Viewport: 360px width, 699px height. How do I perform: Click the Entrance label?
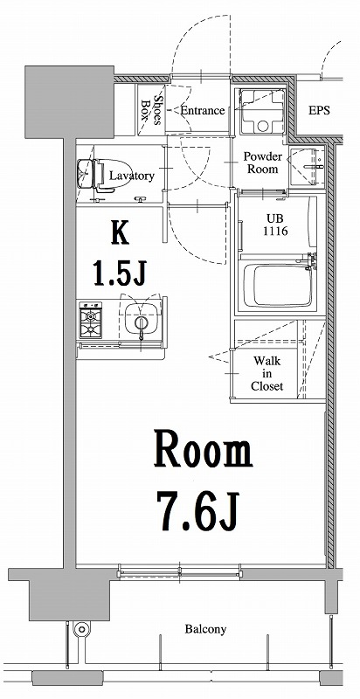click(203, 111)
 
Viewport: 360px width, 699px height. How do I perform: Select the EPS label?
click(321, 111)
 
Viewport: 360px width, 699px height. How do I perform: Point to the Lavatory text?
click(132, 176)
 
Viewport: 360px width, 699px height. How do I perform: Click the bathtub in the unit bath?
click(275, 286)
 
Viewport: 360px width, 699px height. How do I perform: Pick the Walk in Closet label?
click(267, 373)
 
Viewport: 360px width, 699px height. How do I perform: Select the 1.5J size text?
click(119, 274)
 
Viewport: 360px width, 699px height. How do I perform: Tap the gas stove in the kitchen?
click(92, 322)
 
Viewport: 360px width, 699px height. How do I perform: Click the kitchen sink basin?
click(138, 323)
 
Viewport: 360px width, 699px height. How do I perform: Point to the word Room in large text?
click(204, 452)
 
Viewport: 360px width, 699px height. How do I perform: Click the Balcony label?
click(205, 629)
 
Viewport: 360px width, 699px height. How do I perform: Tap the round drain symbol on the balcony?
click(82, 629)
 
